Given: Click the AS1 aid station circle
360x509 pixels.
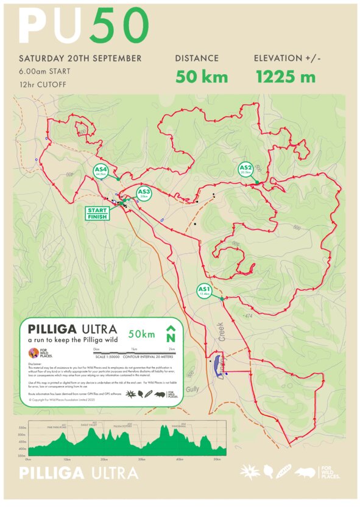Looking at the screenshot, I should point(204,290).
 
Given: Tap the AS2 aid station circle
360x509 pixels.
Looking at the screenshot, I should point(245,169).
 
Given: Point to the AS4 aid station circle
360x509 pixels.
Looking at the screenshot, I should point(101,171).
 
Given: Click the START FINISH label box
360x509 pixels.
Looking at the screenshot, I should point(97,213).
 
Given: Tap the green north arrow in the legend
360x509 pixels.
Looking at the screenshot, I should point(171,334).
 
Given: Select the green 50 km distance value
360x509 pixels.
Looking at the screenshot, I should point(202,77).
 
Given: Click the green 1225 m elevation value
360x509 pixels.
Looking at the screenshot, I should point(285,77).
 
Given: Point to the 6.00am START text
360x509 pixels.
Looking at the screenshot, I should point(44,72).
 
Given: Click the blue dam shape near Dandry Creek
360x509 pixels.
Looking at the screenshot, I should point(216,363).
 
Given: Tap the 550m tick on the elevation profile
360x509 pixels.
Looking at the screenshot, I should point(23,429).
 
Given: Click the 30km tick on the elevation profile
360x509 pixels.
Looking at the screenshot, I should point(142,458).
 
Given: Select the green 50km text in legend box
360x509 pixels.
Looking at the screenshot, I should point(141,334).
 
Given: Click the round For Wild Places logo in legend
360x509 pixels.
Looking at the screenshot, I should point(34,354).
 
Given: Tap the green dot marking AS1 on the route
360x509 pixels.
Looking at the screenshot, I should point(222,298).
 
